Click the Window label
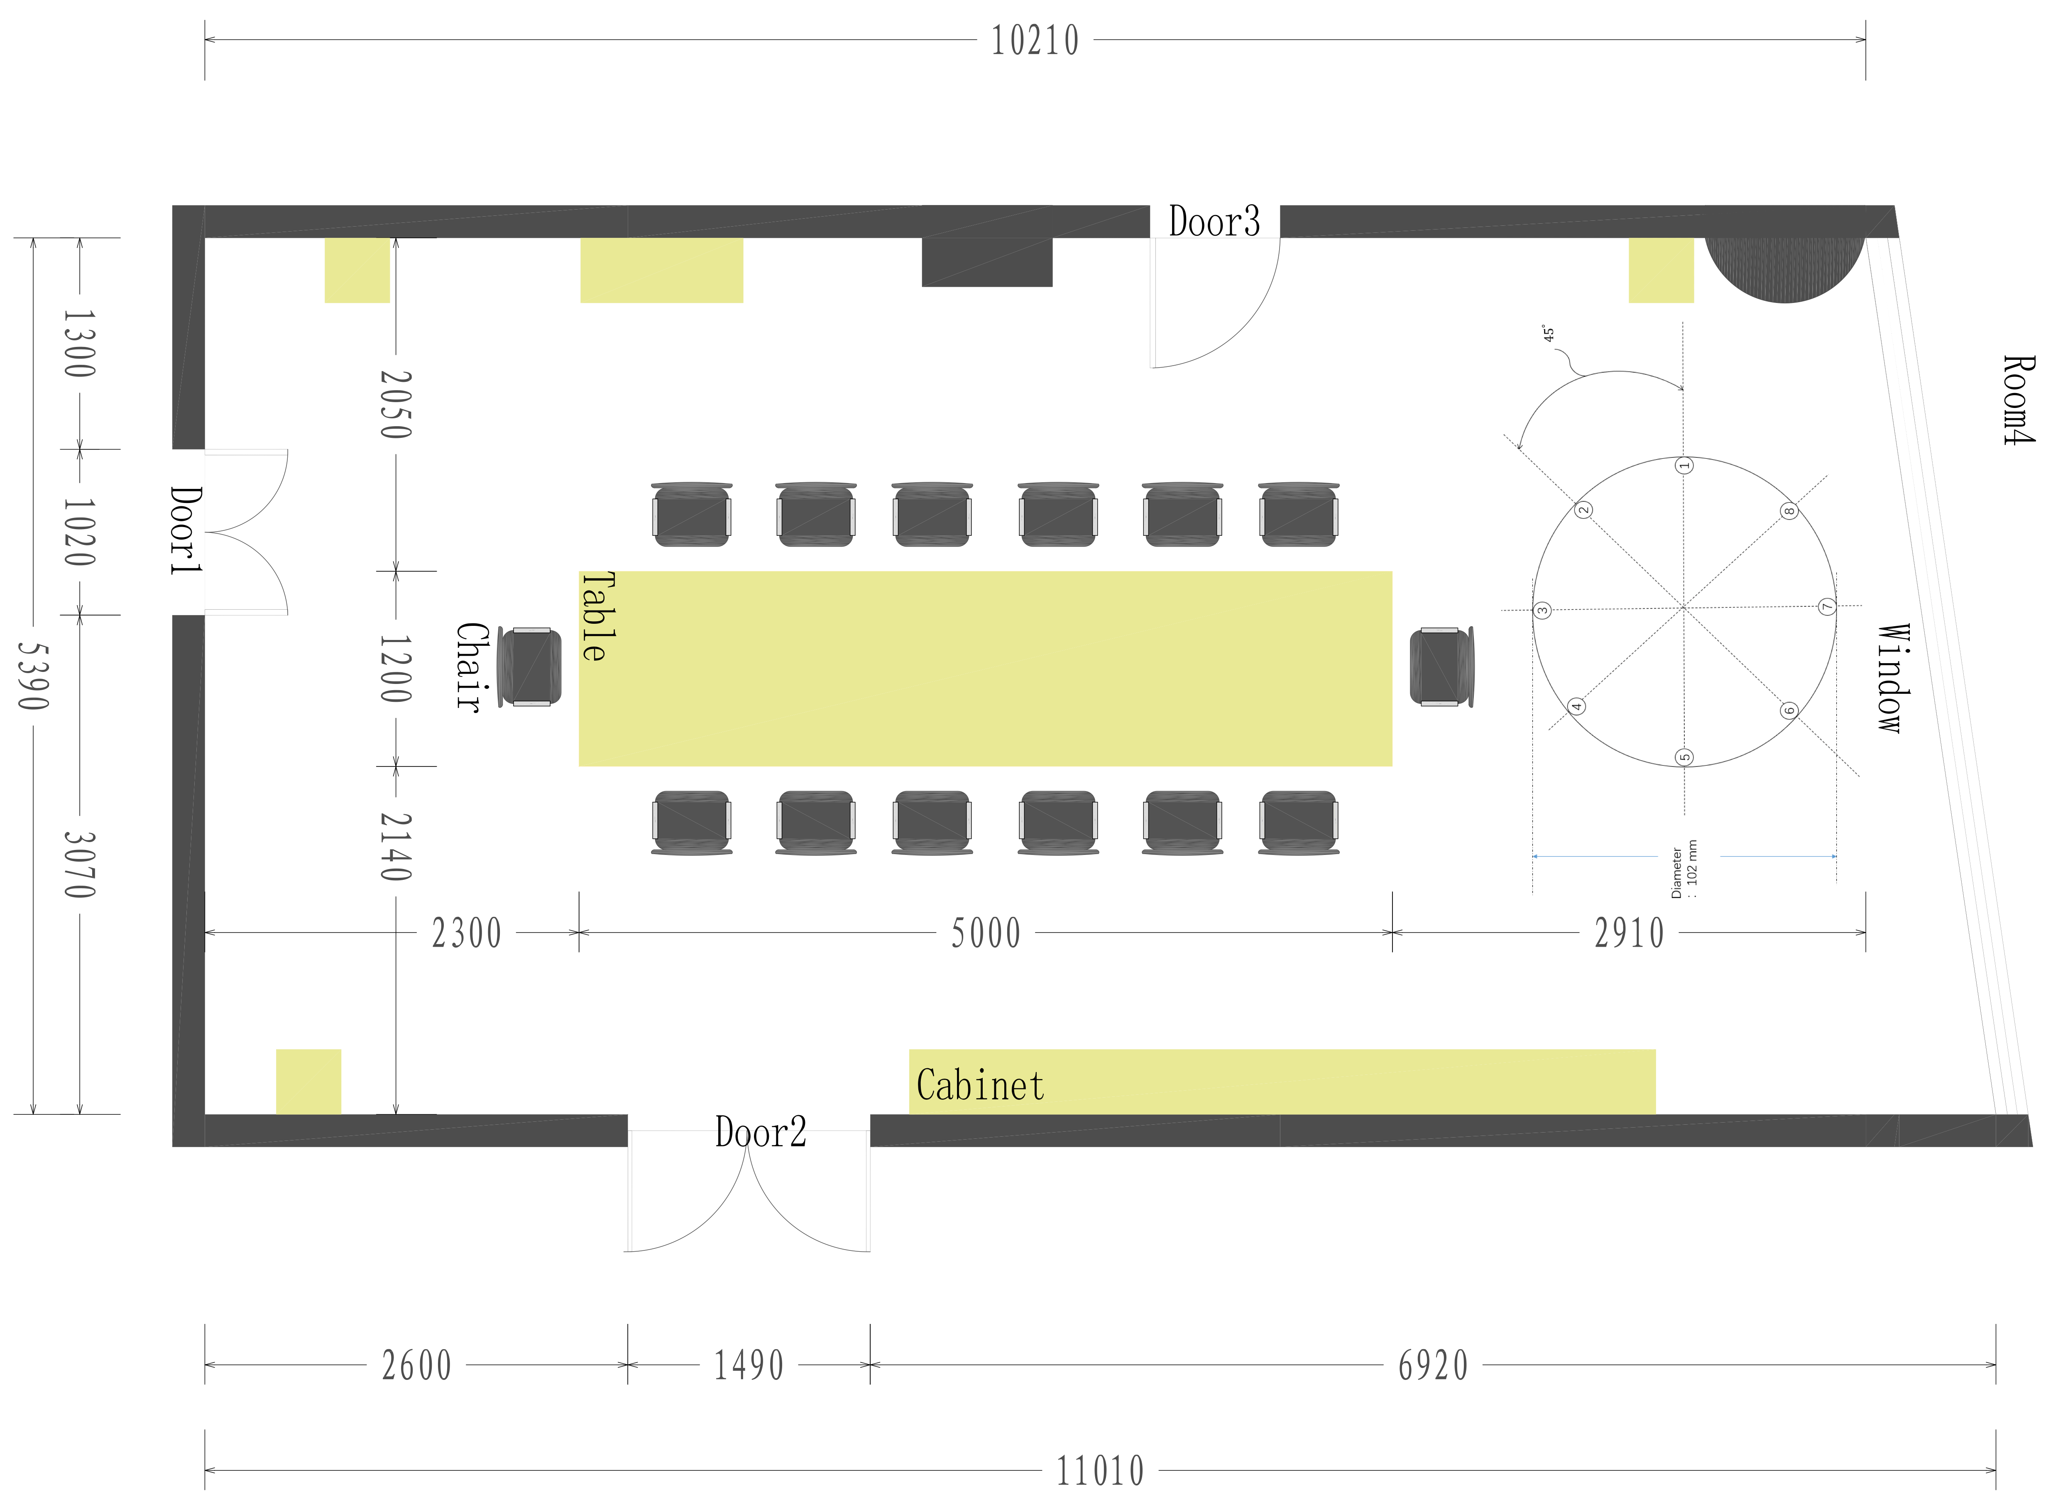(1894, 678)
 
